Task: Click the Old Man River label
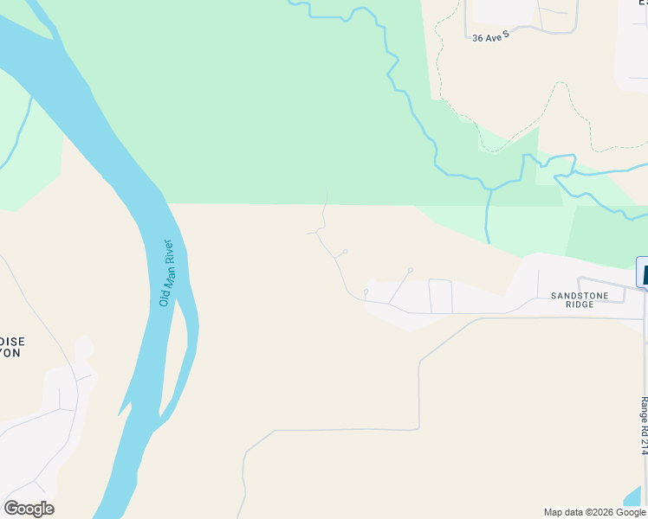[167, 273]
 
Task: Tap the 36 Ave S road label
[490, 38]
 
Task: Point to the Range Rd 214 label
[644, 426]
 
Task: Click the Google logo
[29, 509]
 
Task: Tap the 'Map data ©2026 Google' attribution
[595, 512]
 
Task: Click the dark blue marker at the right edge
[643, 272]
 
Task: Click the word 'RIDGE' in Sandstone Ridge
[580, 305]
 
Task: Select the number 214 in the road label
[644, 445]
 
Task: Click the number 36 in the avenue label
[477, 38]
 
